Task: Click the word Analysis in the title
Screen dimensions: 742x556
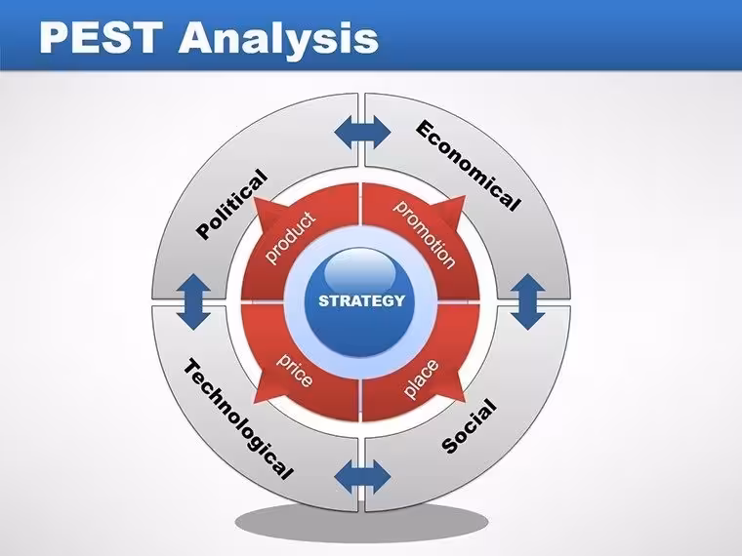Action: [x=278, y=38]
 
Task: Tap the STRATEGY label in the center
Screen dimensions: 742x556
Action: [x=361, y=300]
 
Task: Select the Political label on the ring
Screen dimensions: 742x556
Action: [x=232, y=204]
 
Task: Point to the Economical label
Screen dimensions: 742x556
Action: [x=468, y=165]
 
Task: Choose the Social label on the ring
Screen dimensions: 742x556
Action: [x=469, y=426]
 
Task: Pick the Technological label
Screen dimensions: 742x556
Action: [x=238, y=418]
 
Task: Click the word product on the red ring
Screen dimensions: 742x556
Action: [x=290, y=237]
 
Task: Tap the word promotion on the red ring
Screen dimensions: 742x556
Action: [x=425, y=234]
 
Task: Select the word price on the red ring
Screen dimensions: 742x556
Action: [x=294, y=370]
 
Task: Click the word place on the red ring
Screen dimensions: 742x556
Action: [x=421, y=378]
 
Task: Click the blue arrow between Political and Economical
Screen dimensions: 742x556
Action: [x=362, y=133]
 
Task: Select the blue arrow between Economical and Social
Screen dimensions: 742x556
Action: [x=528, y=301]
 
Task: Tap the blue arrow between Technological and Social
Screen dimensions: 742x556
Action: [x=362, y=477]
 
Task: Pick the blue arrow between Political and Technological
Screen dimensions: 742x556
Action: [x=193, y=301]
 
